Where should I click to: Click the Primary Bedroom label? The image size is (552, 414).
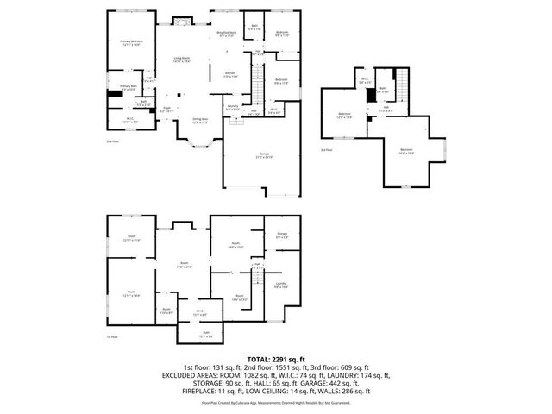coord(130,42)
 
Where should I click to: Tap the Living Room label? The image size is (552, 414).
coord(181,60)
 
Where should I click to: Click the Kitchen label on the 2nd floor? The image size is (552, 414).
coord(229,74)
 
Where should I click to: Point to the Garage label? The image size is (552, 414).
coord(263,156)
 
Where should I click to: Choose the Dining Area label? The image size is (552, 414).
coord(200,121)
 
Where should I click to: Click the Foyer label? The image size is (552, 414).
coord(168,110)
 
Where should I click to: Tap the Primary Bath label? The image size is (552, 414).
coord(128,87)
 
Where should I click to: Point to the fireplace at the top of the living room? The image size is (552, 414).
coord(182,20)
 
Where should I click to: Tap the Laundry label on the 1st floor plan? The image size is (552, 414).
coord(280,285)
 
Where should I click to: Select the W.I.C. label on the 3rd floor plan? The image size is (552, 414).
coord(365,81)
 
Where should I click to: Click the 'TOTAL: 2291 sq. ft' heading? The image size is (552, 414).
coord(275,359)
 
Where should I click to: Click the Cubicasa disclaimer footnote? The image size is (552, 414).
coord(275,402)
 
